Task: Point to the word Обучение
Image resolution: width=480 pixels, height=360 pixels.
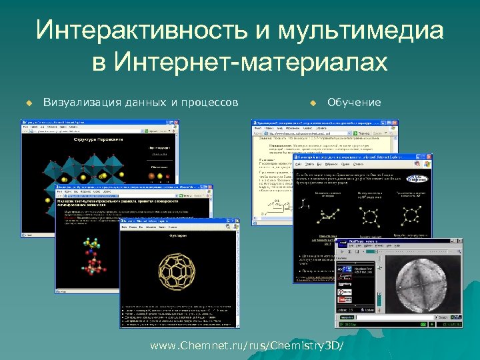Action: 354,102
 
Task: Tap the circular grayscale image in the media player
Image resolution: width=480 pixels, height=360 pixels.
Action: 417,277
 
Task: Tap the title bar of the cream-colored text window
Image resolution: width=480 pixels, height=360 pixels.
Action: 313,124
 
